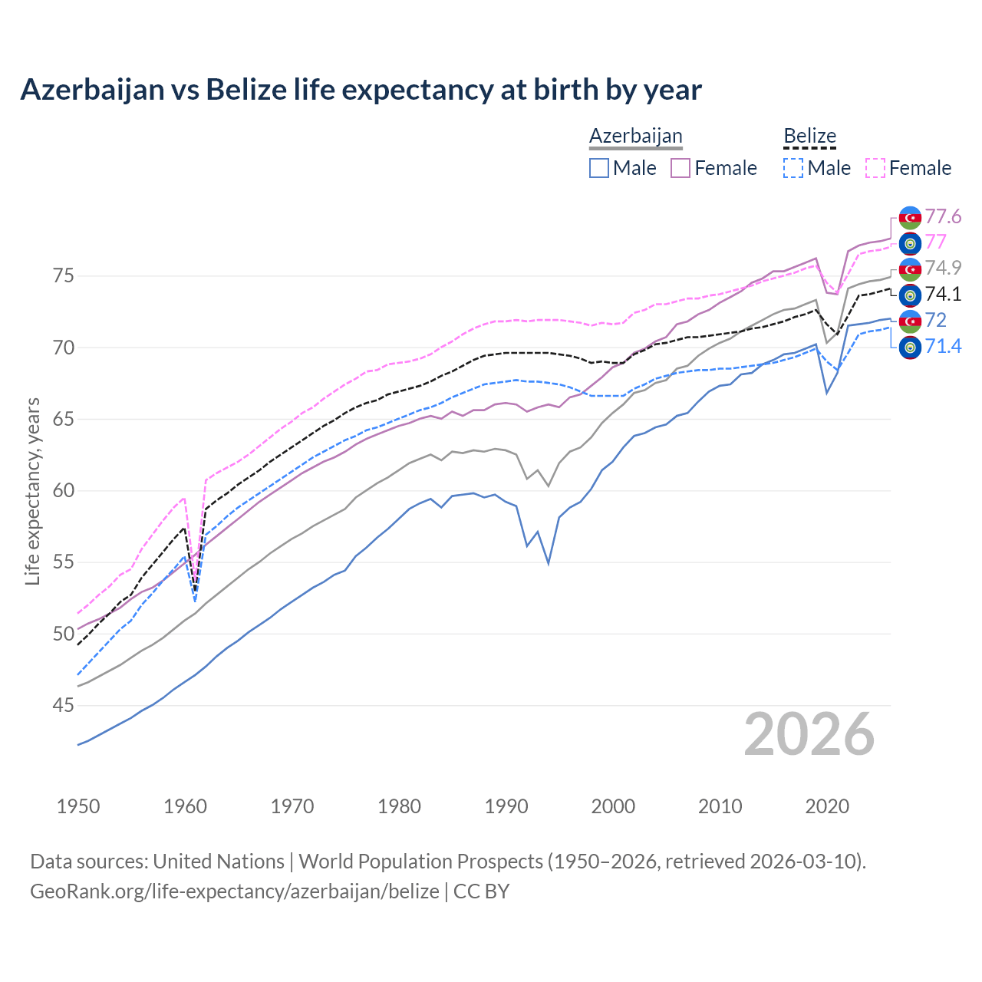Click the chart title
[x=361, y=90]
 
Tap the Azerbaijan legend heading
[x=635, y=137]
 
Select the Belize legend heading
[x=809, y=137]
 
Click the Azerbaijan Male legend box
[x=599, y=168]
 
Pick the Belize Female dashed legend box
[x=875, y=168]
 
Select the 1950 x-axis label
[x=78, y=806]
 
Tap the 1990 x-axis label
[x=506, y=806]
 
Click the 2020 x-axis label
[x=827, y=806]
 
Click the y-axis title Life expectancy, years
[x=32, y=491]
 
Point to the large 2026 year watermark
[x=809, y=734]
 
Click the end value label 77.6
[x=943, y=217]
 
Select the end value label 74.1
[x=943, y=295]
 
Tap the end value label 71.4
[x=943, y=347]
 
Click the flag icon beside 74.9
[x=910, y=269]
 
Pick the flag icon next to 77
[x=910, y=243]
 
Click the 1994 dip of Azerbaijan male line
[x=549, y=563]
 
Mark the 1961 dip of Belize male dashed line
[x=195, y=601]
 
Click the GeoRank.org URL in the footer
[x=235, y=891]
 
